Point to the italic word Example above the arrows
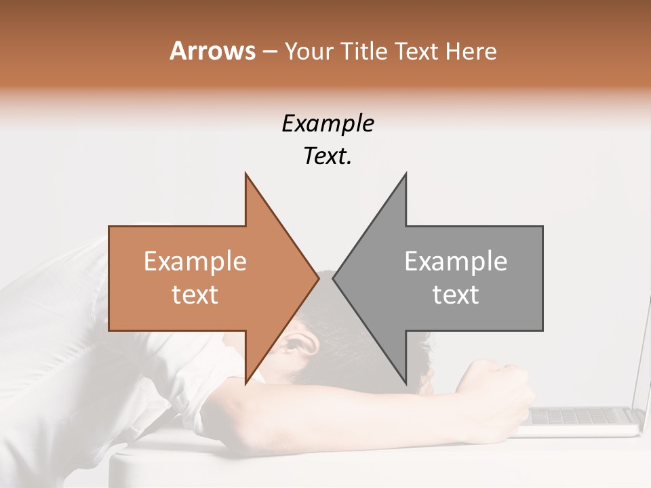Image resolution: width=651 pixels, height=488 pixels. click(x=328, y=123)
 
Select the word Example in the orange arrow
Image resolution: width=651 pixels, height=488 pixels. click(x=195, y=261)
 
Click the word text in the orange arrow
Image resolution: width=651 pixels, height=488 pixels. click(x=195, y=295)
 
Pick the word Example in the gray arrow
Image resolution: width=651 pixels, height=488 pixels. click(x=456, y=261)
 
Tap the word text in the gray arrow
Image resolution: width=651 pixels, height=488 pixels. click(x=456, y=295)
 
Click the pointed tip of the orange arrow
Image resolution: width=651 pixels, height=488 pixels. click(x=317, y=279)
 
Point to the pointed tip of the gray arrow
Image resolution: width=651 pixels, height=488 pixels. click(x=334, y=279)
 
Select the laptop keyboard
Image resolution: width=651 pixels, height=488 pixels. click(x=583, y=415)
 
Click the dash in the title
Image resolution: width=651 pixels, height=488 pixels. click(x=269, y=51)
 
